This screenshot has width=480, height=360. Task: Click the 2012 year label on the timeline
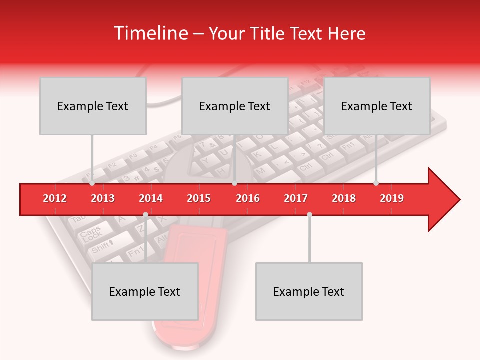(55, 198)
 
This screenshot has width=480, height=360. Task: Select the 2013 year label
(103, 198)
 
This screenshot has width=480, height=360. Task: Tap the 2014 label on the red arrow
(151, 198)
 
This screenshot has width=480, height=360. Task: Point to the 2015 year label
(199, 198)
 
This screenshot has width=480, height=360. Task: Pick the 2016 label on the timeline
(248, 198)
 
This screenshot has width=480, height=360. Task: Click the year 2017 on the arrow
(296, 198)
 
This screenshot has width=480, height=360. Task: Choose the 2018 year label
(344, 198)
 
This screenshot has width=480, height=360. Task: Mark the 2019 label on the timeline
(392, 198)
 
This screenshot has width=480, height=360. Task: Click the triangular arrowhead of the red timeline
(442, 200)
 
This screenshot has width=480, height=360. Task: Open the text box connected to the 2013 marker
(93, 106)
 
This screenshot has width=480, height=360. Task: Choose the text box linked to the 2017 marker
(309, 291)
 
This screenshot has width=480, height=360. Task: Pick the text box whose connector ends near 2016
(235, 106)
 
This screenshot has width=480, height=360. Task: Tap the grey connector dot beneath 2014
(145, 214)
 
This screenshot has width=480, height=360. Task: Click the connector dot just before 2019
(376, 183)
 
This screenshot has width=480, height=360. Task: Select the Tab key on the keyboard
(78, 219)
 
